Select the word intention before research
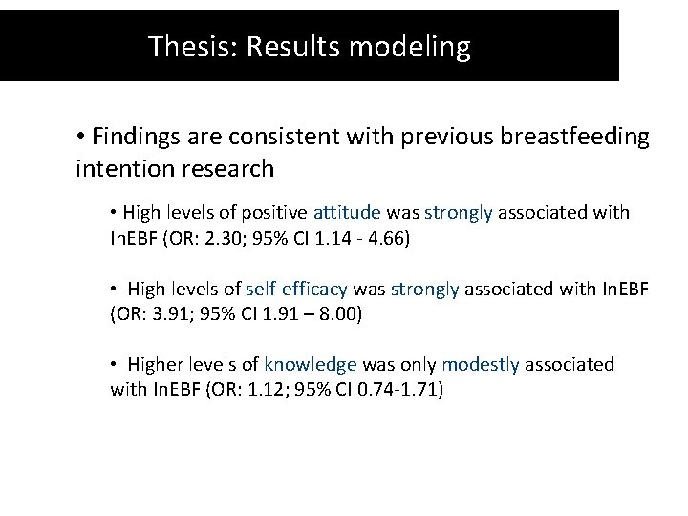click(121, 169)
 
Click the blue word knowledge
click(311, 365)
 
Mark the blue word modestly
click(481, 365)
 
